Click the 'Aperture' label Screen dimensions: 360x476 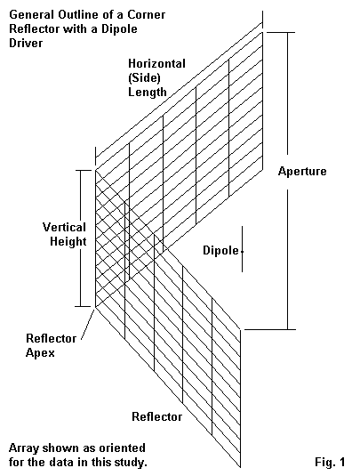(x=302, y=172)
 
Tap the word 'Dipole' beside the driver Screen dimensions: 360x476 (x=220, y=250)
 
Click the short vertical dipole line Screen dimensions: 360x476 (x=242, y=249)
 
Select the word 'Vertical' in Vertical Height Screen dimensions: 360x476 (x=64, y=227)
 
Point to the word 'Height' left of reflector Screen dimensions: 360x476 (x=68, y=242)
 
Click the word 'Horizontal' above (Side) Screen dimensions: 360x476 (x=156, y=64)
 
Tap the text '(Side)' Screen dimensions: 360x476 (x=144, y=78)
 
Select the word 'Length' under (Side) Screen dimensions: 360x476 (x=148, y=92)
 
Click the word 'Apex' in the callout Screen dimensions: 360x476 (x=40, y=352)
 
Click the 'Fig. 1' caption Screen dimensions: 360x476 (x=330, y=462)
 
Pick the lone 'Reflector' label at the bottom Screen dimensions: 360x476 (x=156, y=416)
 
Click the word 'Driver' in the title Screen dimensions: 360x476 (x=26, y=43)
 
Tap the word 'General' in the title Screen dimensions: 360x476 (x=32, y=14)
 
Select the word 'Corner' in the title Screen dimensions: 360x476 (x=146, y=14)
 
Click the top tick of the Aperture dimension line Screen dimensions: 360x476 (x=281, y=32)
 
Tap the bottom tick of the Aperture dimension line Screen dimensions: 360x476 (x=270, y=329)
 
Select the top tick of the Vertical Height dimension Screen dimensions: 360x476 (x=83, y=170)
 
